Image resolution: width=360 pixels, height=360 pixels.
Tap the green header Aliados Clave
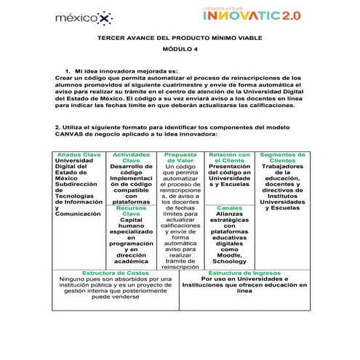pos(79,155)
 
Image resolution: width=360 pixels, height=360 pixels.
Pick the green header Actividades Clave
pos(131,158)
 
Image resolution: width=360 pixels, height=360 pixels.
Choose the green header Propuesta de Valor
pos(180,158)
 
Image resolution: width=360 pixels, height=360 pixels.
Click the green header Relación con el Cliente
pos(229,158)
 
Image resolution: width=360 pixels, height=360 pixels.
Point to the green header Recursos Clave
pos(131,211)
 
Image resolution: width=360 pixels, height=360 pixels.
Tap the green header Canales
pos(229,208)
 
